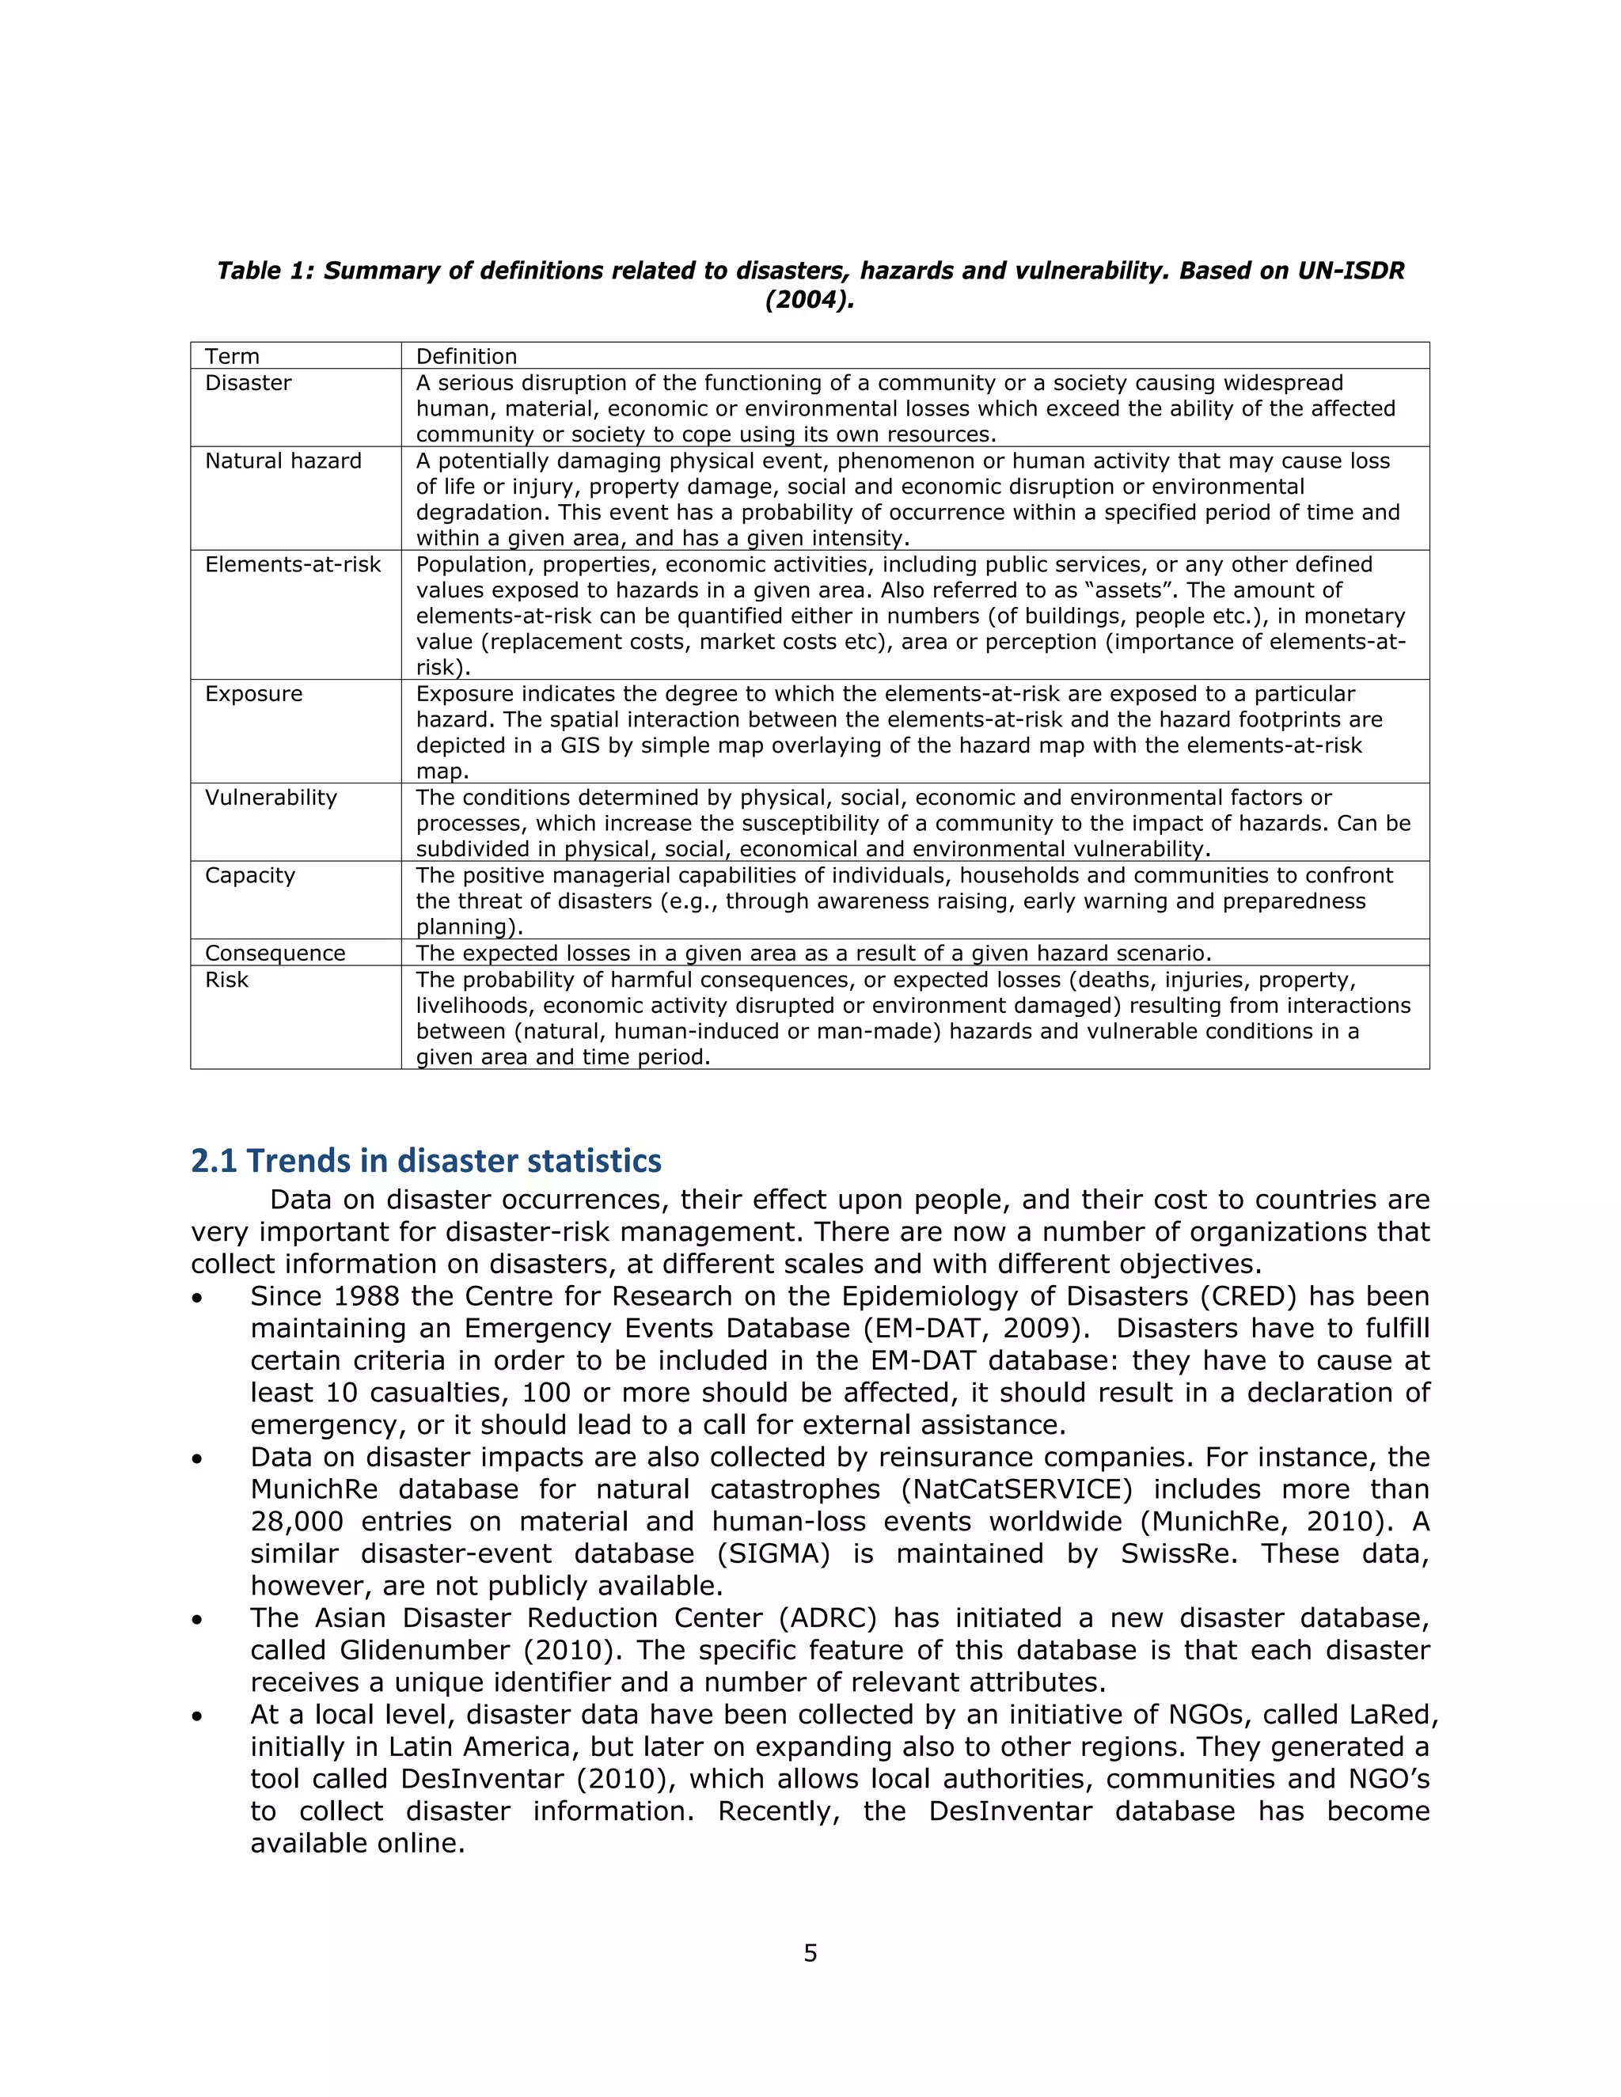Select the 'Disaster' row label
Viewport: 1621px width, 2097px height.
click(248, 383)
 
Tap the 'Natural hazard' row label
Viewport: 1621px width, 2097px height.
click(283, 461)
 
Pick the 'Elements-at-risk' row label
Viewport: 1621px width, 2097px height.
click(293, 564)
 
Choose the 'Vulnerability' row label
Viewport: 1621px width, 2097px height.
click(271, 798)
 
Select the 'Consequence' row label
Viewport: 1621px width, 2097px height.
click(275, 954)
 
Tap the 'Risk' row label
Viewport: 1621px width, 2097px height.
click(226, 980)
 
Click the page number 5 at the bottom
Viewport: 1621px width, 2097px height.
click(810, 1953)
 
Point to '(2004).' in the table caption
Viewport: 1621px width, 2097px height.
click(810, 301)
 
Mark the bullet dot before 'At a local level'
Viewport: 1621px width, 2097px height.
click(197, 1716)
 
